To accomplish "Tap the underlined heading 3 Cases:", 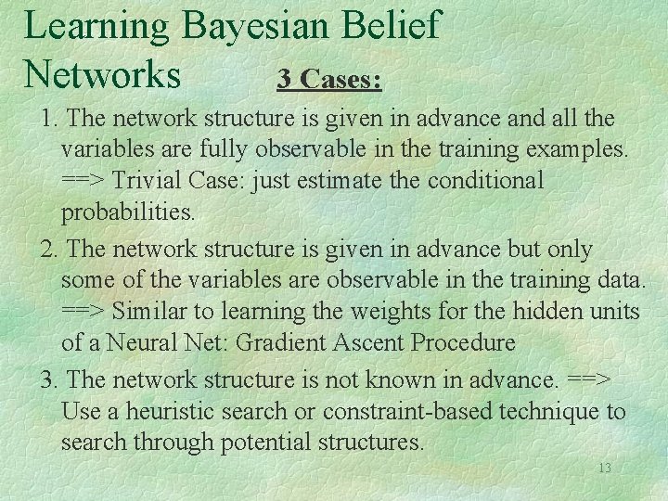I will (x=329, y=80).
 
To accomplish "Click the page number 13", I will (x=604, y=468).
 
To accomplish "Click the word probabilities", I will (x=128, y=212).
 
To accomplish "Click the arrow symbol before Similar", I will (x=83, y=311).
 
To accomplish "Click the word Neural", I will (x=148, y=342).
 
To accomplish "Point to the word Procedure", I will (x=462, y=342).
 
